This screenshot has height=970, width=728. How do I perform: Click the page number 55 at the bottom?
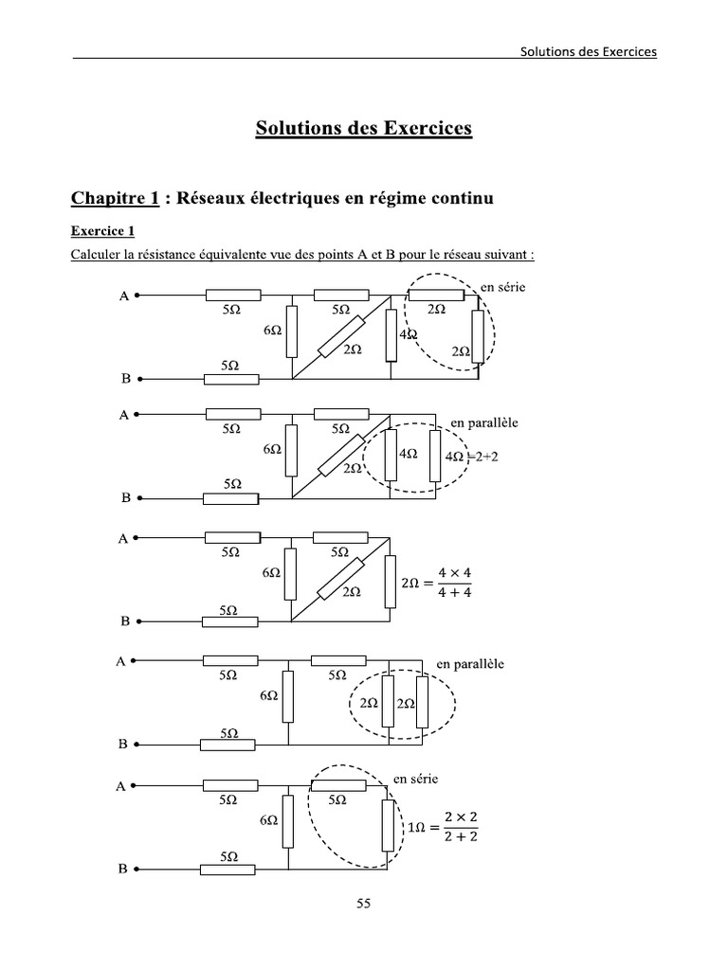363,904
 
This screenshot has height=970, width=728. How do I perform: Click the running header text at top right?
588,51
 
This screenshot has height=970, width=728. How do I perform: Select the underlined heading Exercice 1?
103,230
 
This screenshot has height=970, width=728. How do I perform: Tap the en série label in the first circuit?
502,286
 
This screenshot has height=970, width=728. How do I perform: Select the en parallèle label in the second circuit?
485,421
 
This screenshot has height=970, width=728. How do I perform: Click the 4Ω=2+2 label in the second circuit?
470,456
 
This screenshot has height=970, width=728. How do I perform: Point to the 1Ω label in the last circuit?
415,827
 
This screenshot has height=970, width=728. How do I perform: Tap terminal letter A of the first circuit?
123,296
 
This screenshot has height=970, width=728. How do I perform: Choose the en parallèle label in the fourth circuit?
470,663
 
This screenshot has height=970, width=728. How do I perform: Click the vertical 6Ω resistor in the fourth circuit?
289,697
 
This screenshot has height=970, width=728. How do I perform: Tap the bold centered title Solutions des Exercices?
363,127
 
